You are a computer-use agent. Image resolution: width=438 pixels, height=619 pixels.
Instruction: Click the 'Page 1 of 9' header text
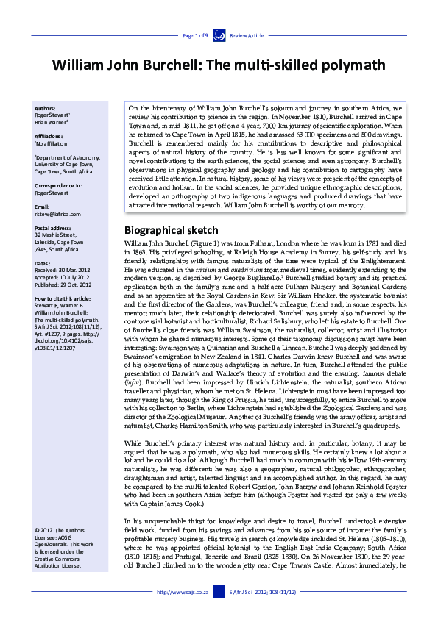tap(196, 35)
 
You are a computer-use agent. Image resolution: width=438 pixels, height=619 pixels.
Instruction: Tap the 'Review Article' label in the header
tap(246, 35)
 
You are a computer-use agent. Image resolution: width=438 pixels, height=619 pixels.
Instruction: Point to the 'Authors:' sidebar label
tap(46, 108)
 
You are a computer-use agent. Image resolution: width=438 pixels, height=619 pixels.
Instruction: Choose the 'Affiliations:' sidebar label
tap(49, 136)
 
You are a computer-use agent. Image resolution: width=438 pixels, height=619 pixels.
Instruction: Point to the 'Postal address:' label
tap(52, 228)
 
